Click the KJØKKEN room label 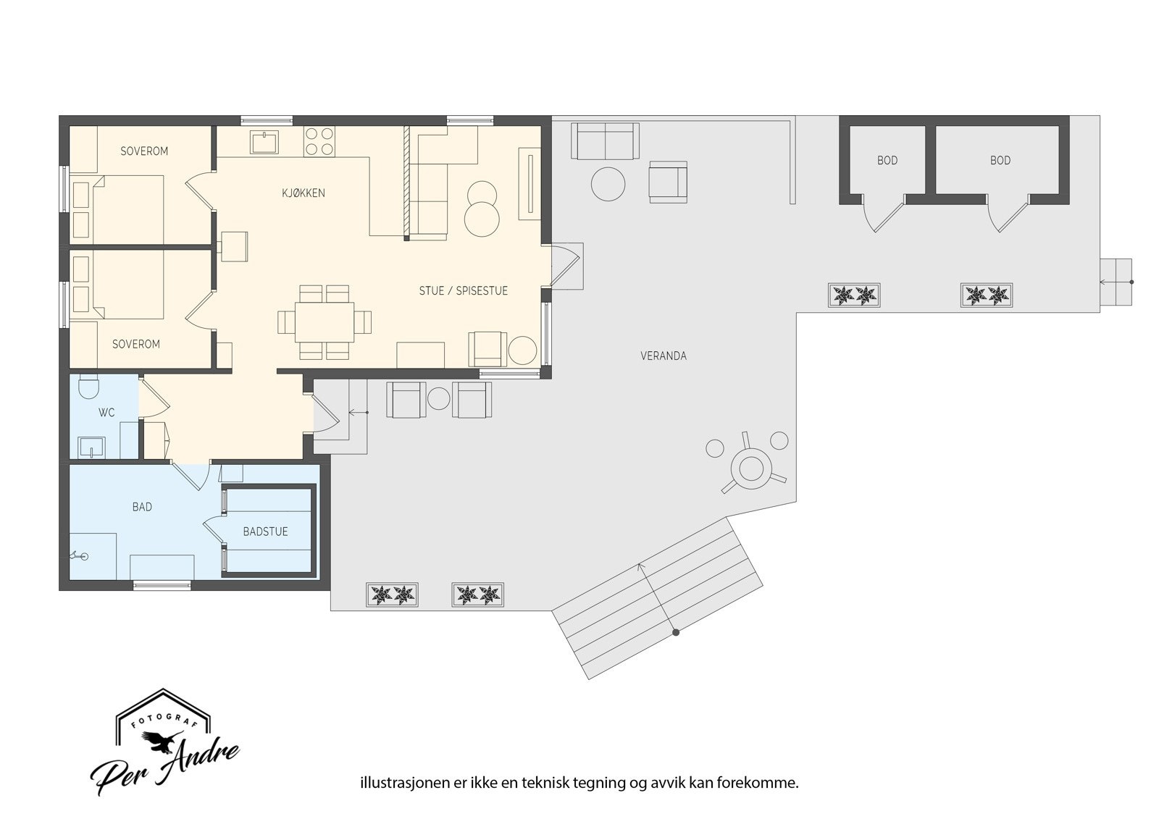click(x=304, y=193)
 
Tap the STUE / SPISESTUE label click(x=463, y=291)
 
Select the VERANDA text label click(x=664, y=356)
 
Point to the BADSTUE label click(x=265, y=532)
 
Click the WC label click(x=106, y=412)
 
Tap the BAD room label click(x=142, y=507)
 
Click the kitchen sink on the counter click(x=264, y=142)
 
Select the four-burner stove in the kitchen click(x=319, y=141)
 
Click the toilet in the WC click(x=88, y=386)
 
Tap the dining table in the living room click(x=325, y=322)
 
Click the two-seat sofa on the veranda click(x=605, y=140)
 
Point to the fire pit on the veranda click(x=751, y=469)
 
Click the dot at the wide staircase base click(x=675, y=632)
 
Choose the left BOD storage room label click(x=887, y=160)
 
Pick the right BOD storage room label click(x=1000, y=160)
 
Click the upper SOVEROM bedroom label click(x=144, y=151)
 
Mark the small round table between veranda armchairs click(x=439, y=398)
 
